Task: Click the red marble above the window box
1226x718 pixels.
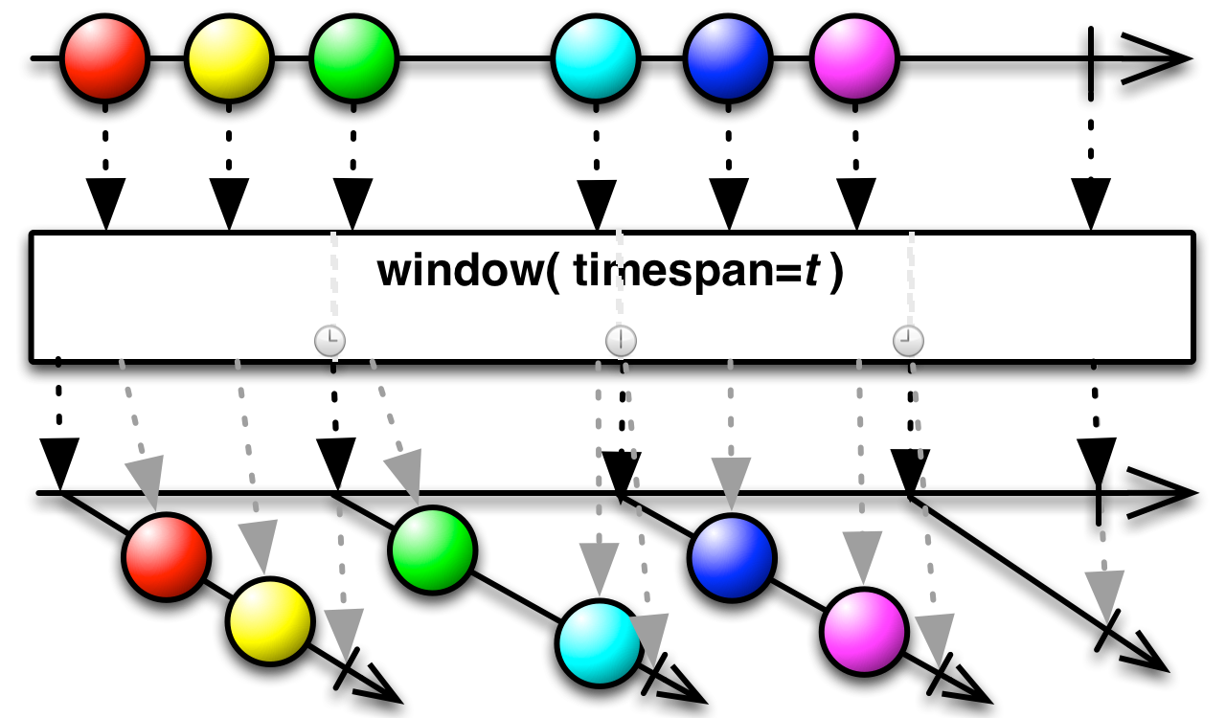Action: point(104,58)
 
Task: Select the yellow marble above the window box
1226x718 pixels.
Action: point(229,58)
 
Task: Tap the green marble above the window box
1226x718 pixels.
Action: point(354,58)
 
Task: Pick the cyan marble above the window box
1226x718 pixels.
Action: point(596,58)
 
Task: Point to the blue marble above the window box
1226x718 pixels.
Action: point(728,58)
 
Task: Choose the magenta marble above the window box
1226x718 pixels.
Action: point(854,58)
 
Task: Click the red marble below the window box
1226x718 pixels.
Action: point(167,557)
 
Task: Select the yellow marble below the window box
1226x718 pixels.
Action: point(270,621)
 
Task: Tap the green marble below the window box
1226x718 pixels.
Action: point(433,550)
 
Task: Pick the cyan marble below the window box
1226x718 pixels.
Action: point(600,643)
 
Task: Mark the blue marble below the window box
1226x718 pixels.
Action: point(732,558)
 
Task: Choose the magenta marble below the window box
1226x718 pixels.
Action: point(864,632)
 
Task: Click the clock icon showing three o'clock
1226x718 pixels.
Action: point(329,340)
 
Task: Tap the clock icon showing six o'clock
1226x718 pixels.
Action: point(621,340)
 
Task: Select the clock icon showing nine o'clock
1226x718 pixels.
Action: point(908,340)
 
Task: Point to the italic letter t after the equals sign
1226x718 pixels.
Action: point(811,272)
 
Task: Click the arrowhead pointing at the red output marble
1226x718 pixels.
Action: point(146,481)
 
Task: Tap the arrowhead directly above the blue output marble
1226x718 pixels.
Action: point(731,482)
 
